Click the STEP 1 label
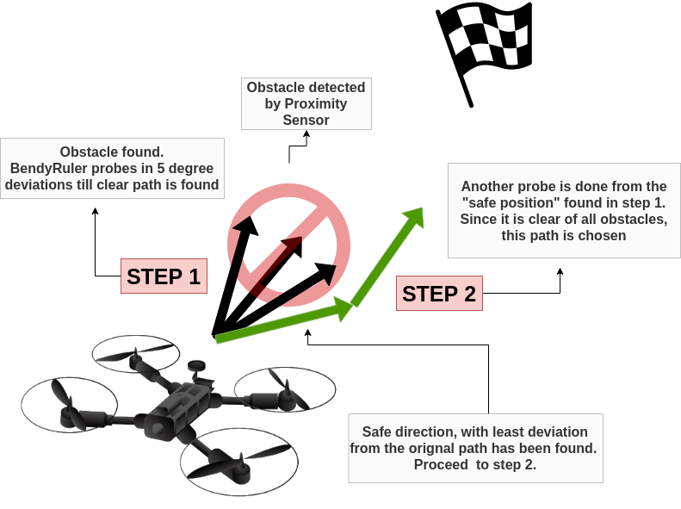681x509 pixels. coord(164,276)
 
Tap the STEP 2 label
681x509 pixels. coord(439,294)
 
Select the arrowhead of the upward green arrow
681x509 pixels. coord(415,217)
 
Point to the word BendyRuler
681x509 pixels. coord(46,167)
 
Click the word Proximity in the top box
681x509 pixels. coord(317,103)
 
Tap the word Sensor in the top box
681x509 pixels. coord(306,120)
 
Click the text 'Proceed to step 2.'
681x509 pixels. coord(475,464)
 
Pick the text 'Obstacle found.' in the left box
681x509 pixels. coord(112,151)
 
